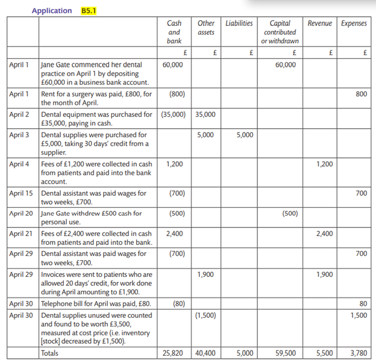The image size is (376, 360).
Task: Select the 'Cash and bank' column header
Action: point(174,32)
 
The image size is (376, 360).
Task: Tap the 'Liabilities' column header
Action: point(239,23)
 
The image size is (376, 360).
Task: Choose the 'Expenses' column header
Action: point(354,23)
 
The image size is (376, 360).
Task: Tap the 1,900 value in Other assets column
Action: point(205,275)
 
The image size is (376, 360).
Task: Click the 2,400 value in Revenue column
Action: point(324,234)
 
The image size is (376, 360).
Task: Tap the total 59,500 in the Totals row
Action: point(286,353)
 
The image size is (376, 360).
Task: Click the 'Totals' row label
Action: point(49,353)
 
